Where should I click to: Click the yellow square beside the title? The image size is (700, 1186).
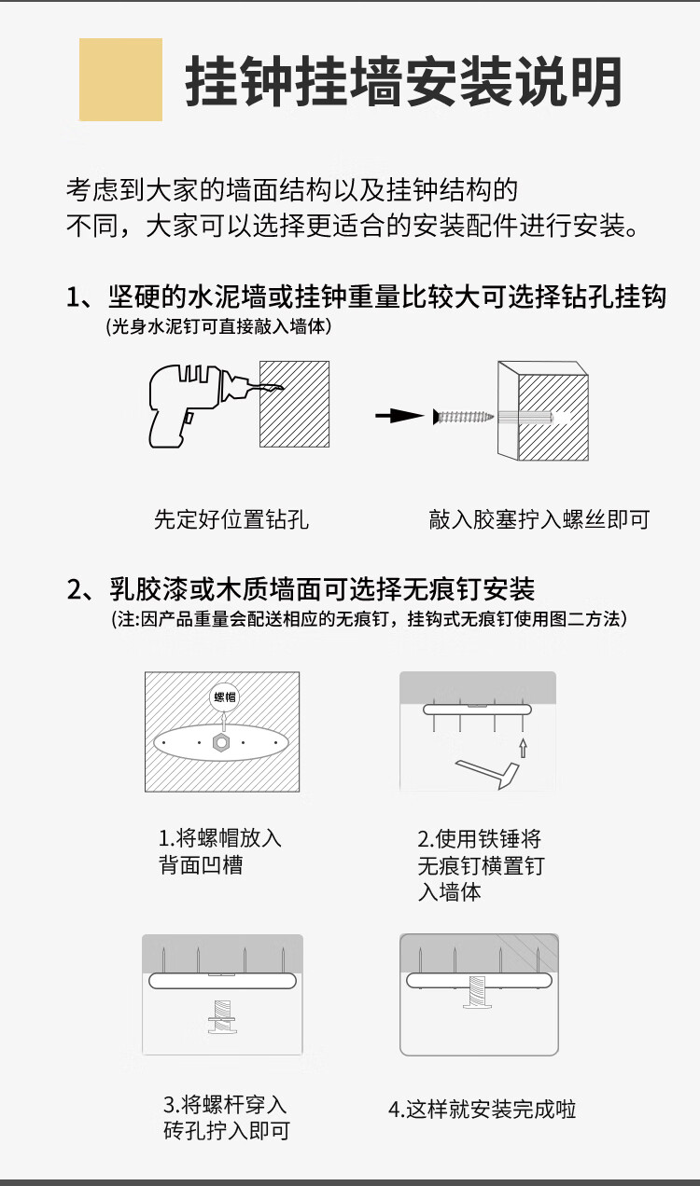tap(120, 79)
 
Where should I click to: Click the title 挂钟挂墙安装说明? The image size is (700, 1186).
tap(403, 81)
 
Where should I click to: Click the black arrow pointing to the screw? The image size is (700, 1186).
tap(399, 416)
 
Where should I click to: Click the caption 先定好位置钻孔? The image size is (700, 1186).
tap(231, 519)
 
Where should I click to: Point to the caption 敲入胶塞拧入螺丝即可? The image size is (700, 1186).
tap(539, 519)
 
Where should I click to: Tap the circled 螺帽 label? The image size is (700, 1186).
tap(225, 696)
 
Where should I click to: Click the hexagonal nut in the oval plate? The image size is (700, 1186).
tap(221, 743)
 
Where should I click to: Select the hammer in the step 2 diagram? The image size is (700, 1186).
tap(487, 774)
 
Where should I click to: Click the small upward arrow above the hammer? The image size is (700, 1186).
tap(523, 748)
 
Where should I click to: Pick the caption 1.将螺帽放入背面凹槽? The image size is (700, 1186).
tap(220, 852)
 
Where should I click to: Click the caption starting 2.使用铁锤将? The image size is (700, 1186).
tap(481, 865)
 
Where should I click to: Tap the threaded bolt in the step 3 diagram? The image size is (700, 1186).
tap(222, 1016)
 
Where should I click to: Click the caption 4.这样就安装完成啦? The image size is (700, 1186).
tap(483, 1110)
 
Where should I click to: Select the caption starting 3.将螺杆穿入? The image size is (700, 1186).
tap(226, 1118)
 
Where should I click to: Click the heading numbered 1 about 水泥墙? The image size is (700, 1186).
tap(366, 296)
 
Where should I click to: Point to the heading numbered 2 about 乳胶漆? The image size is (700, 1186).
tap(301, 588)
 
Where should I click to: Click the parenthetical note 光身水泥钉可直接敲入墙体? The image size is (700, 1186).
tap(218, 326)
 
